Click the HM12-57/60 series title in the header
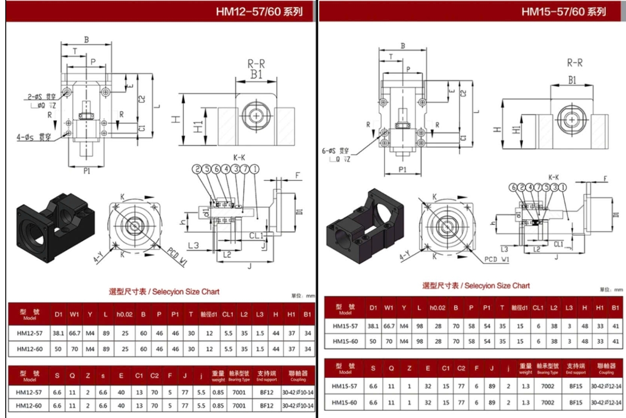pyautogui.click(x=259, y=11)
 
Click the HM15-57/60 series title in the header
pyautogui.click(x=564, y=11)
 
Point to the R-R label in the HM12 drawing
pyautogui.click(x=256, y=64)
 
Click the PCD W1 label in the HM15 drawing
pyautogui.click(x=497, y=259)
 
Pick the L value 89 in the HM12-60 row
pyautogui.click(x=106, y=349)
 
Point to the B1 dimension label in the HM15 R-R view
pyautogui.click(x=572, y=80)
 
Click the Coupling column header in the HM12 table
pyautogui.click(x=298, y=375)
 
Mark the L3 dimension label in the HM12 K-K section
pyautogui.click(x=194, y=245)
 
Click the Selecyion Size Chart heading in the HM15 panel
pyautogui.click(x=476, y=285)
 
